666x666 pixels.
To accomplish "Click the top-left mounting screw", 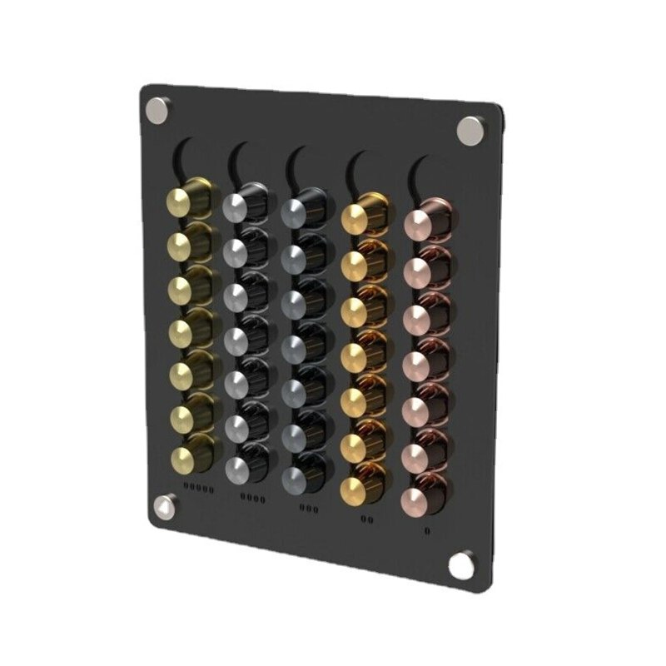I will pos(157,108).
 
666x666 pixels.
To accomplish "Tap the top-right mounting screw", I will pos(470,130).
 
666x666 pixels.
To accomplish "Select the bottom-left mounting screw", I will pos(166,506).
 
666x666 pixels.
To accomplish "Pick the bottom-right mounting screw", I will pos(460,565).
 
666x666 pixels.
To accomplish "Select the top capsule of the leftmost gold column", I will pos(185,200).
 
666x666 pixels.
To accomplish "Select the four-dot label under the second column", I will pos(253,499).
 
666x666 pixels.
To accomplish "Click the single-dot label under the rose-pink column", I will pos(426,529).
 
